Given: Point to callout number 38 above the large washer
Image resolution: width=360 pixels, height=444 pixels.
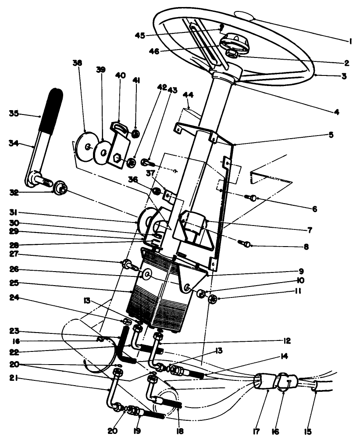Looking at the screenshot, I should coord(77,62).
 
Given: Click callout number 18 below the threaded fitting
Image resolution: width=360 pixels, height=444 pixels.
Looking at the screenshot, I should coord(179,431).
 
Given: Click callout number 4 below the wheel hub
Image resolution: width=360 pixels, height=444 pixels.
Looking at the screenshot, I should coord(336,111).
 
